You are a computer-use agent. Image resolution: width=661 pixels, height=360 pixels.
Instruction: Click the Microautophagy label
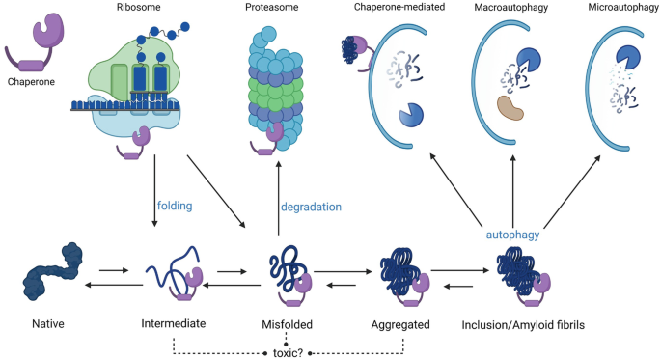click(x=618, y=9)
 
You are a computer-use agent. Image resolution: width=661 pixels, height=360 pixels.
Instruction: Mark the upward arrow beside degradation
click(x=278, y=199)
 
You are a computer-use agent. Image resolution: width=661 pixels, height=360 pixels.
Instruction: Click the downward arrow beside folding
click(x=154, y=199)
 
